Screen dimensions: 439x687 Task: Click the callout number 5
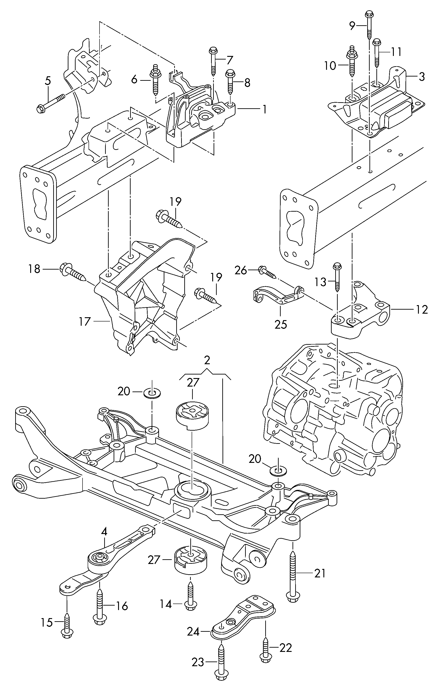coord(48,81)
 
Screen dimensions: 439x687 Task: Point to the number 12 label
coord(422,310)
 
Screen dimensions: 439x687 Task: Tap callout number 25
coord(281,325)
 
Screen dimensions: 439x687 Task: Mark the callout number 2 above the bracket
coord(207,360)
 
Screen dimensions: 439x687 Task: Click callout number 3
coord(422,77)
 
